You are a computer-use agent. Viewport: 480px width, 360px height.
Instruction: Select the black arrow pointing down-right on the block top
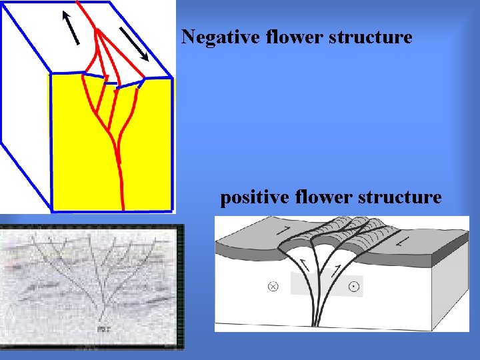coord(135,44)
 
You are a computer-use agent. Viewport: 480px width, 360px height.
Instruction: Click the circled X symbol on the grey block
coord(273,287)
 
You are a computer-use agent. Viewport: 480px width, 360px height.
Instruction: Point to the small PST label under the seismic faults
coord(104,329)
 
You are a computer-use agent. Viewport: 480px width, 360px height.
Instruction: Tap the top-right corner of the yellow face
coord(171,78)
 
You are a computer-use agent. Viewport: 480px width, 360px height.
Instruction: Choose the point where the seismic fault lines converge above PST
coord(103,313)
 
